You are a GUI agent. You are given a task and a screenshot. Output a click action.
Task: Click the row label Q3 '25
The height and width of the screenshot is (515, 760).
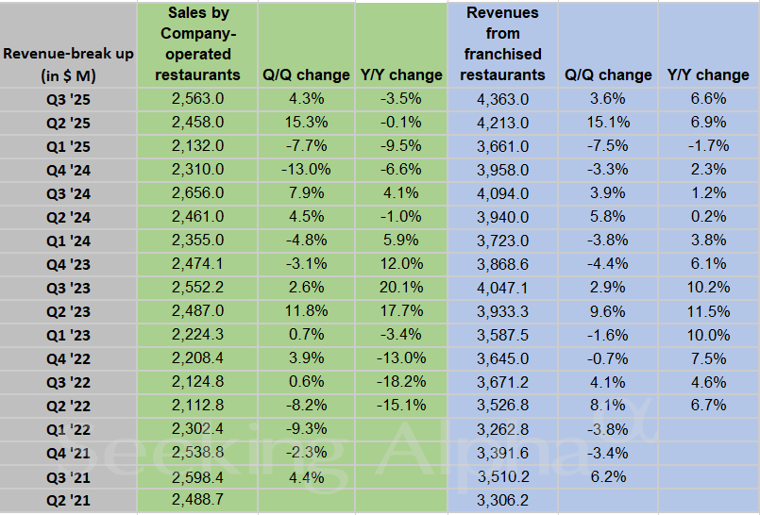coord(68,98)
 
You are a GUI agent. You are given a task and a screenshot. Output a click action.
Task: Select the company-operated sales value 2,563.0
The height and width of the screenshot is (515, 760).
coord(197,98)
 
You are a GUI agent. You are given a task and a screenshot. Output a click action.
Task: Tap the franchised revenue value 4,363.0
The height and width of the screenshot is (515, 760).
coord(503,98)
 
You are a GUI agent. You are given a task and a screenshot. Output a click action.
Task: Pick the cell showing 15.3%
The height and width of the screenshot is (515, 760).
coord(305,122)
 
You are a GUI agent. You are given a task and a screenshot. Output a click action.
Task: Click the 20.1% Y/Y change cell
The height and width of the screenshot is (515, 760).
coord(400,287)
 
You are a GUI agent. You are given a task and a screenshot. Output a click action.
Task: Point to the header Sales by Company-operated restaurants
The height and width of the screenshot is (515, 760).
coord(197,44)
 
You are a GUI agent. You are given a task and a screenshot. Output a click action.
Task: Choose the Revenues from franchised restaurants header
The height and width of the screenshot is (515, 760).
coord(503,44)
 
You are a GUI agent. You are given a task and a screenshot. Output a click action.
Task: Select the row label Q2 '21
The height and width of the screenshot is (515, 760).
coord(68,501)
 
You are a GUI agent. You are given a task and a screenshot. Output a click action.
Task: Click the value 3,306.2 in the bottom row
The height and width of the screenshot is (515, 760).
coord(503,501)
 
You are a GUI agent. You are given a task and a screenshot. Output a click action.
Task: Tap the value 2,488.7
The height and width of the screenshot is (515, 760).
coord(197,501)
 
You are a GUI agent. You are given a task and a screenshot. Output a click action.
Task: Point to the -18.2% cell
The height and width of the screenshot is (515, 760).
coord(400,382)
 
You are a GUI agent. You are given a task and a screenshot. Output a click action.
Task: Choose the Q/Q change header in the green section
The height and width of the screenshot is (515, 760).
coord(305,75)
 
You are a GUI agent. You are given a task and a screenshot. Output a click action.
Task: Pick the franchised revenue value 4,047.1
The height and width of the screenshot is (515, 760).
coord(503,287)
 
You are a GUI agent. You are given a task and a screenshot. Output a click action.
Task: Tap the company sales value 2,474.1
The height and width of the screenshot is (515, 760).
coord(197,263)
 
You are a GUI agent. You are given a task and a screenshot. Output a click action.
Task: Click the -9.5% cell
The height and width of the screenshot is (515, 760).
coord(400,145)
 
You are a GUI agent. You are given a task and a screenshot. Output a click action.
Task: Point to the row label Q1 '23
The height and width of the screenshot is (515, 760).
coord(68,335)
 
